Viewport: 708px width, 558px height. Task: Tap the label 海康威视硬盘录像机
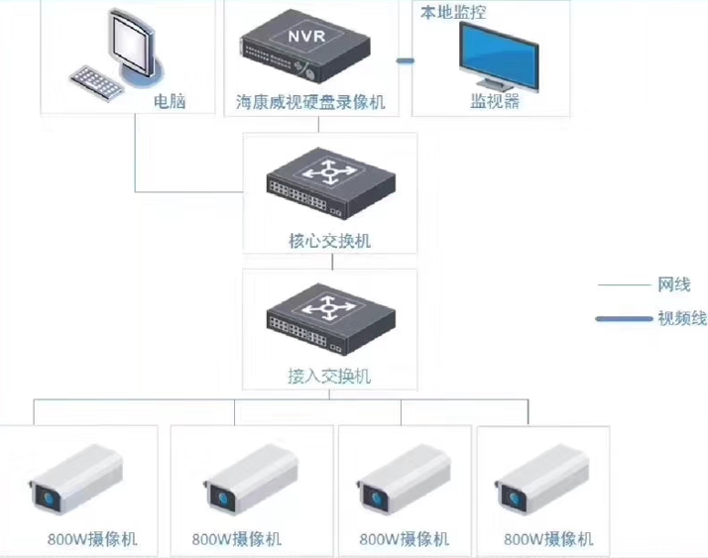pyautogui.click(x=310, y=103)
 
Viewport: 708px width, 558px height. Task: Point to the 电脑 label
pyautogui.click(x=170, y=102)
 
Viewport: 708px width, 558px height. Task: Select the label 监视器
pyautogui.click(x=494, y=101)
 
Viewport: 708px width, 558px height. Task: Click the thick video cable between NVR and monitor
pyautogui.click(x=404, y=62)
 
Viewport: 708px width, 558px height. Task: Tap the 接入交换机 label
pyautogui.click(x=328, y=376)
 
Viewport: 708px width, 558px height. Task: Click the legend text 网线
pyautogui.click(x=673, y=285)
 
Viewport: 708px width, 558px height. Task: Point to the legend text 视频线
pyautogui.click(x=681, y=318)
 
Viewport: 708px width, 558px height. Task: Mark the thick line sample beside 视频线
pyautogui.click(x=621, y=319)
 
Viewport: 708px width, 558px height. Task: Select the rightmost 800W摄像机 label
pyautogui.click(x=548, y=539)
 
